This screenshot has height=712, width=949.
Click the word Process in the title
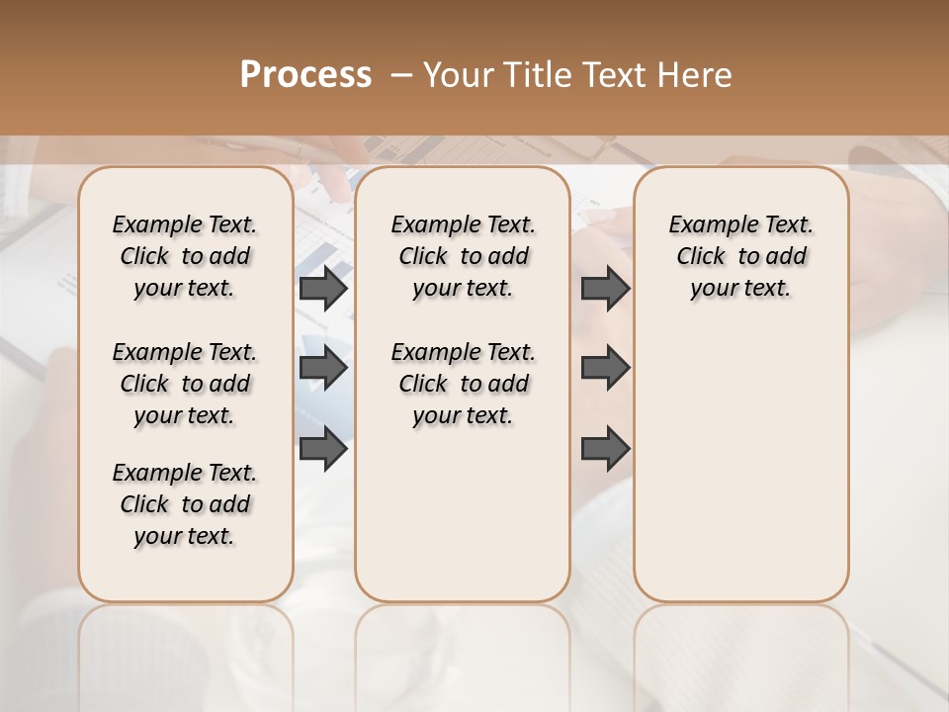coord(305,75)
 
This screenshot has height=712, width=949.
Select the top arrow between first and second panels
coord(323,289)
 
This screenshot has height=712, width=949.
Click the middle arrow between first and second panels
coord(323,368)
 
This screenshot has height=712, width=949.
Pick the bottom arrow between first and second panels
coord(323,448)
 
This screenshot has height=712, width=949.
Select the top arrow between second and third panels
coord(605,289)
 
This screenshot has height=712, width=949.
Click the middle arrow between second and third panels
coord(605,368)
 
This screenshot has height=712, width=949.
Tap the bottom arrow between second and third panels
coord(605,448)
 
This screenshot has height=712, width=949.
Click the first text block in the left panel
coord(185,256)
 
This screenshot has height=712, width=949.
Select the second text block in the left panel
coord(185,384)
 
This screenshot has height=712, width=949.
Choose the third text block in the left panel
coord(185,504)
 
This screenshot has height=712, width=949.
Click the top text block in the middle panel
coord(463,256)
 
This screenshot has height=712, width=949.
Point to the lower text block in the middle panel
coord(463,384)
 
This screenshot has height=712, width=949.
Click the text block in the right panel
coord(740,256)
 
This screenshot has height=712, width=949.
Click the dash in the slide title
coord(401,75)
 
